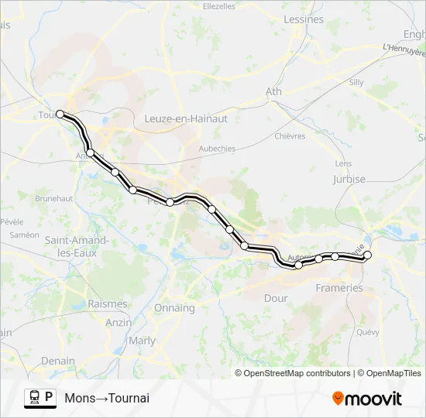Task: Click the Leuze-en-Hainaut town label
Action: pyautogui.click(x=186, y=118)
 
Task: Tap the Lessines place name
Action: pyautogui.click(x=304, y=19)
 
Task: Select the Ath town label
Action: pyautogui.click(x=273, y=91)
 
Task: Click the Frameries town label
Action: pyautogui.click(x=339, y=288)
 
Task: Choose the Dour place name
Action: pyautogui.click(x=276, y=298)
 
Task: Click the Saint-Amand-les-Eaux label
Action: pyautogui.click(x=76, y=246)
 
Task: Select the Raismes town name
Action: pyautogui.click(x=107, y=304)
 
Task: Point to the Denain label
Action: pyautogui.click(x=58, y=361)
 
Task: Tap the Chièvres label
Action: pyautogui.click(x=290, y=136)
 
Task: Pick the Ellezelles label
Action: pyautogui.click(x=218, y=6)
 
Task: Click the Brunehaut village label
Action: pyautogui.click(x=53, y=198)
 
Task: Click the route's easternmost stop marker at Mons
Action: pyautogui.click(x=368, y=255)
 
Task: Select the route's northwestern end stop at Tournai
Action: pyautogui.click(x=60, y=114)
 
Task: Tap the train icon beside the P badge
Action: pyautogui.click(x=34, y=398)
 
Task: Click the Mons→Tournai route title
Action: pyautogui.click(x=107, y=399)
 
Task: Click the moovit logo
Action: pyautogui.click(x=367, y=399)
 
